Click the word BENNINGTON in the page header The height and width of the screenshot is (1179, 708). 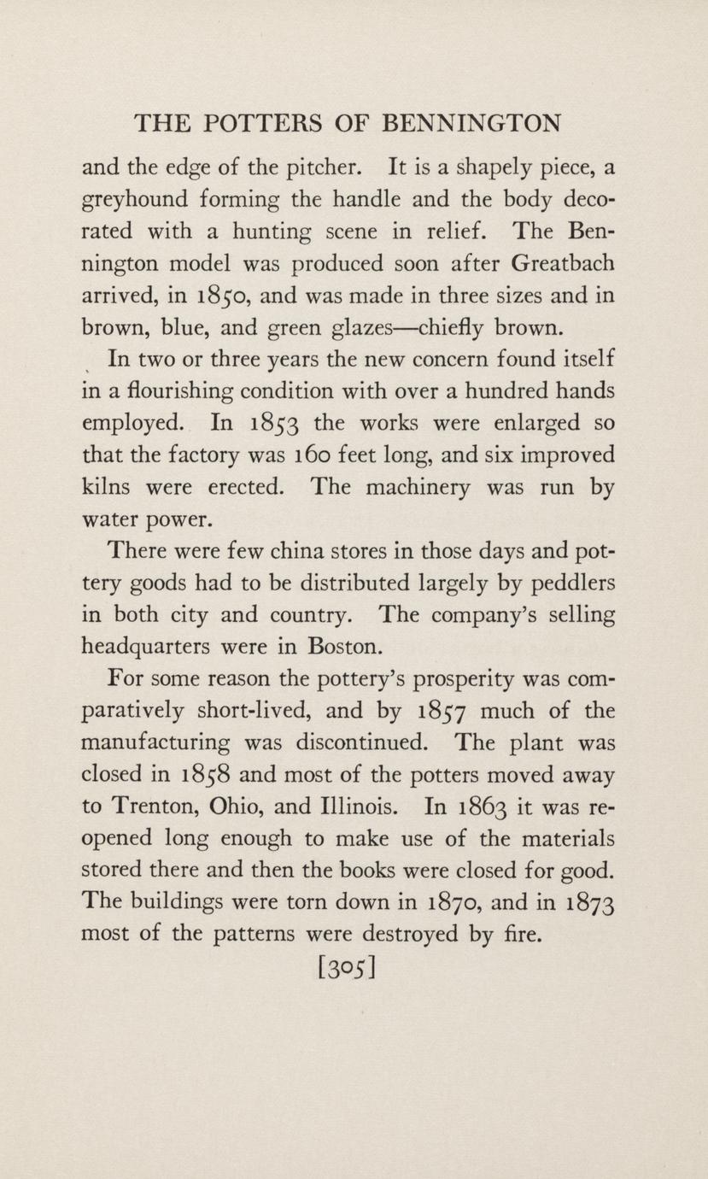click(471, 125)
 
